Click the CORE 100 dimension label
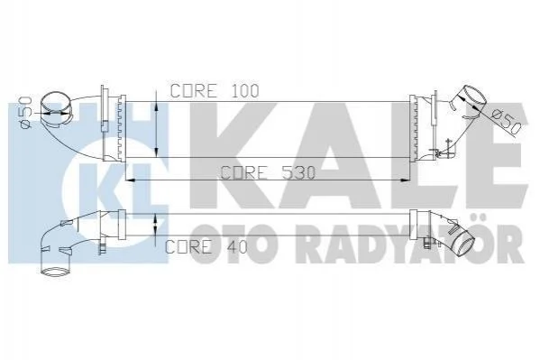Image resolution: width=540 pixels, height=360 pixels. coord(215,91)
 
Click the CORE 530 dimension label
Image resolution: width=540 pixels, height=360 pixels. coord(268,172)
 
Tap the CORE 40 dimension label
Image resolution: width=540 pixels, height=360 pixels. coord(206,246)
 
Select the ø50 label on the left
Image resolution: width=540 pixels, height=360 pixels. coord(26,113)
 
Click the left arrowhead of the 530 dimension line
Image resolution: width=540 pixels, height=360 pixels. coord(130,180)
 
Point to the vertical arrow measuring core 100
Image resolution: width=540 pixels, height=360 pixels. coord(156,124)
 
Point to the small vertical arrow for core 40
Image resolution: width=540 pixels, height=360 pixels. coord(156,225)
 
